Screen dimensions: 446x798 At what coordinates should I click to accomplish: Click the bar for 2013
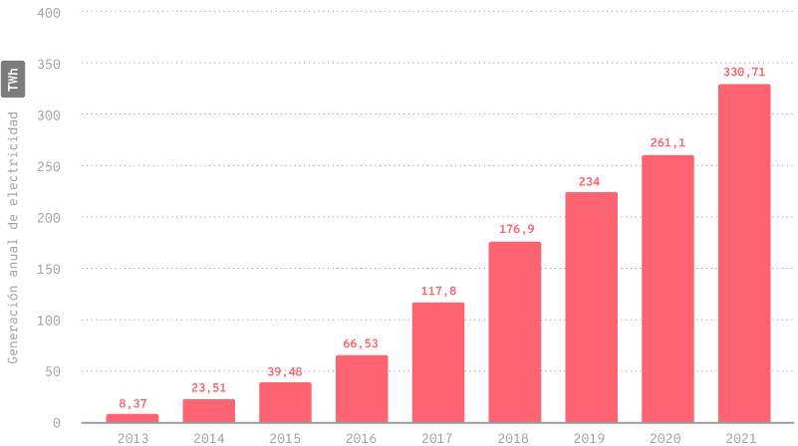132,417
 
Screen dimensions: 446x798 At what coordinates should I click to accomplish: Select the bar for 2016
362,388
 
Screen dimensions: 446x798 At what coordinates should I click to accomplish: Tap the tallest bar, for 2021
744,253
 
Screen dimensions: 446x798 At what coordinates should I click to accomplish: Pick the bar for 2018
515,332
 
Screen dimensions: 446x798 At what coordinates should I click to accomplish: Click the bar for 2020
667,289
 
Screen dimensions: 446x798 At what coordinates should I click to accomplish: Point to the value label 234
591,181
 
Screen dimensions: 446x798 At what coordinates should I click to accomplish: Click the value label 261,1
667,143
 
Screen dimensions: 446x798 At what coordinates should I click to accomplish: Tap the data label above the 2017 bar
438,291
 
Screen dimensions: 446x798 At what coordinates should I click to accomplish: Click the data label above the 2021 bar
744,73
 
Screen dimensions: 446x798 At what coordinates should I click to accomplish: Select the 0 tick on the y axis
56,422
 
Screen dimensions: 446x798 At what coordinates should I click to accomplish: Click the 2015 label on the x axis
285,437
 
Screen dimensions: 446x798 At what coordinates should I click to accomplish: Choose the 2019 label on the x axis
591,437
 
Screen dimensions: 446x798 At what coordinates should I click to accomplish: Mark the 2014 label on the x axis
208,437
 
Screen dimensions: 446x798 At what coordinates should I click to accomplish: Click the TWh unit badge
13,80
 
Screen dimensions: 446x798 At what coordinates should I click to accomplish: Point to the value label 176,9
515,230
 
